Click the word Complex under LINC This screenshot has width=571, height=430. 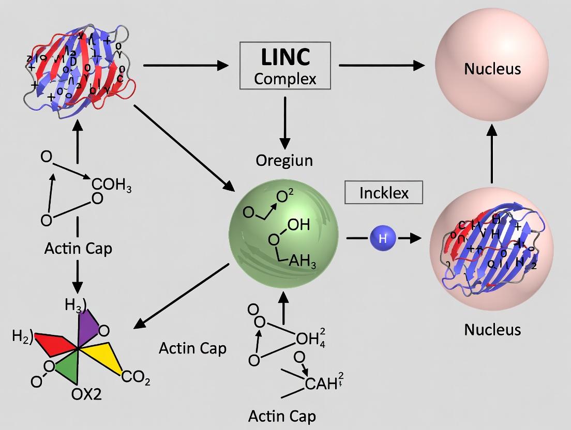[285, 79]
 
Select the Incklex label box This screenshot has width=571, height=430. [384, 193]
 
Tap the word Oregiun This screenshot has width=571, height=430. [284, 160]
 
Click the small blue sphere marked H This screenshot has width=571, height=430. [383, 238]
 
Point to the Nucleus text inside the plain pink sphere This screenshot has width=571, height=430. [492, 68]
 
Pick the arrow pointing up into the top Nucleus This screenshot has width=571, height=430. [492, 155]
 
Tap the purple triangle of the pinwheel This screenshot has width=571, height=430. [87, 325]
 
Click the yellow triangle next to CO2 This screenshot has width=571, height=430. [109, 357]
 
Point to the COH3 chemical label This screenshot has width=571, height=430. [111, 186]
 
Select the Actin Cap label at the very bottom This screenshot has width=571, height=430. [282, 416]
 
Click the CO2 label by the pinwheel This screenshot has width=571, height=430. [136, 380]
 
